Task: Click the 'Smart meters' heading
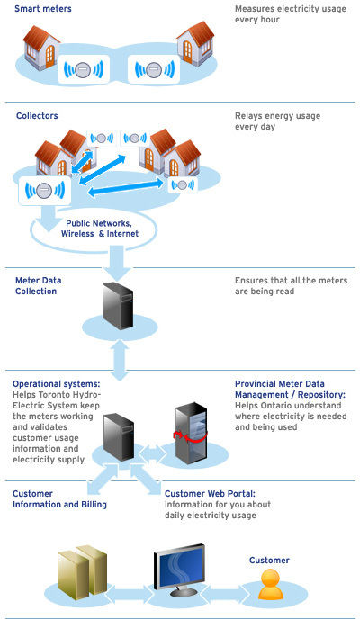pyautogui.click(x=43, y=9)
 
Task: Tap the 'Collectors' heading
pyautogui.click(x=37, y=116)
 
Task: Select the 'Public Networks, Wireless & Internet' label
pyautogui.click(x=100, y=229)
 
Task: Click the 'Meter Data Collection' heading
pyautogui.click(x=39, y=286)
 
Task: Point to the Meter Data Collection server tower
pyautogui.click(x=118, y=306)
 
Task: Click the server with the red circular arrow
pyautogui.click(x=191, y=433)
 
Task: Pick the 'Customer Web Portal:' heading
pyautogui.click(x=210, y=493)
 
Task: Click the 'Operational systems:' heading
pyautogui.click(x=57, y=383)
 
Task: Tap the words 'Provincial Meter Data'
pyautogui.click(x=280, y=383)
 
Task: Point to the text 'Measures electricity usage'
pyautogui.click(x=291, y=9)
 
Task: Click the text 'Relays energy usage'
pyautogui.click(x=277, y=116)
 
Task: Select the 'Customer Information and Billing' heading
pyautogui.click(x=59, y=499)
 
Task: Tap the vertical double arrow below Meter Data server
pyautogui.click(x=120, y=360)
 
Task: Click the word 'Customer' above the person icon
pyautogui.click(x=269, y=561)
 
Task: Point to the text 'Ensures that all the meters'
pyautogui.click(x=292, y=281)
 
